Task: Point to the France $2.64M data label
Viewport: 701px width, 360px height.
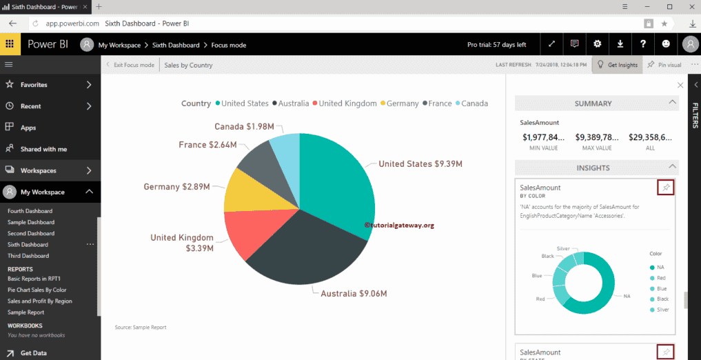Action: click(207, 145)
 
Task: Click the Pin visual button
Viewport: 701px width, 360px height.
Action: click(664, 65)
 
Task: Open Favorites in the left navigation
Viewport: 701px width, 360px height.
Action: click(34, 85)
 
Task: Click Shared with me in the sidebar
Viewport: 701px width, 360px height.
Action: click(43, 149)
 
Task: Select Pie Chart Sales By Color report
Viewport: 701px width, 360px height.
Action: click(37, 290)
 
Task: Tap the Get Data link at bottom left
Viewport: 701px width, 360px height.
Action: click(33, 353)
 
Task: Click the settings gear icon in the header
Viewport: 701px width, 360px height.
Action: click(597, 44)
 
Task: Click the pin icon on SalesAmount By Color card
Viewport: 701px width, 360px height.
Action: click(665, 188)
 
